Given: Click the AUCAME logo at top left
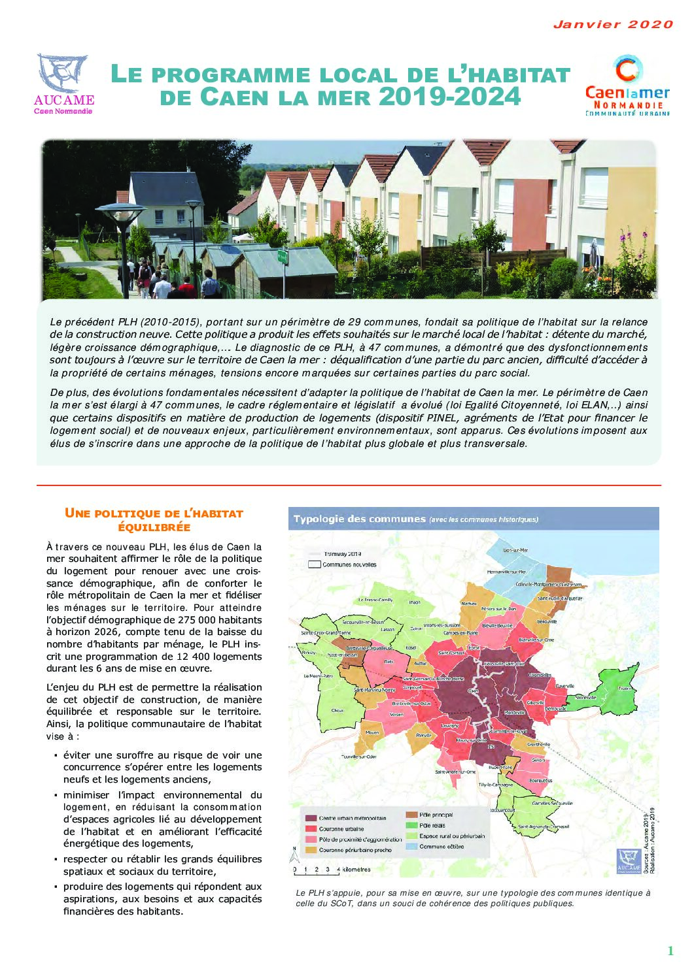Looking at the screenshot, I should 63,84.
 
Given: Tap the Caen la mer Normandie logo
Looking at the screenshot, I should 627,86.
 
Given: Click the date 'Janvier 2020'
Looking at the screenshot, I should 613,25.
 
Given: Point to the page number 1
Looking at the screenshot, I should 670,951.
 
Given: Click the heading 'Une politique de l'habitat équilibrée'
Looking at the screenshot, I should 154,520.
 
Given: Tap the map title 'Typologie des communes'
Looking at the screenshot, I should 359,519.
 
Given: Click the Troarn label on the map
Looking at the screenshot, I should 625,689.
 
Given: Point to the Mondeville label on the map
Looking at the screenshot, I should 515,712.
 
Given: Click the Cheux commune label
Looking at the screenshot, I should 337,710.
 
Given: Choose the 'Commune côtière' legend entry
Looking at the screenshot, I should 441,846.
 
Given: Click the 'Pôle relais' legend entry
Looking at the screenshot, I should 432,825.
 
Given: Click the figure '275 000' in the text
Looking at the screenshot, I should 182,619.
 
